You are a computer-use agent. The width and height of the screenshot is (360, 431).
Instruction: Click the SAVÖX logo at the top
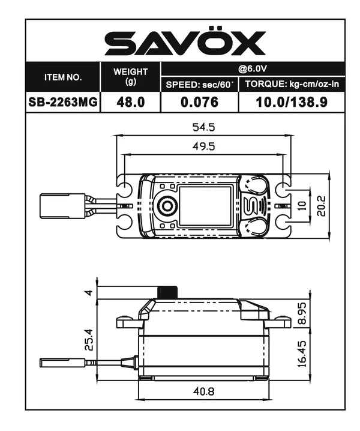[185, 43]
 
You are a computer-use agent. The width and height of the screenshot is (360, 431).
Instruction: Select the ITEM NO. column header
[62, 77]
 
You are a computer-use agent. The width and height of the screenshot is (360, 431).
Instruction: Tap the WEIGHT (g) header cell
[131, 76]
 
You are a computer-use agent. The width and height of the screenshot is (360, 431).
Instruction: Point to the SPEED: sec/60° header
[200, 85]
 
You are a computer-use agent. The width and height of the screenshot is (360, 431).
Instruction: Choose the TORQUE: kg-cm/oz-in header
[292, 85]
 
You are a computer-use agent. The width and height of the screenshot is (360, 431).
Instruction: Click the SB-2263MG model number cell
[62, 102]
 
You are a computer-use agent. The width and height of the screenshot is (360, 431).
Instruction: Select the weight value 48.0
[131, 102]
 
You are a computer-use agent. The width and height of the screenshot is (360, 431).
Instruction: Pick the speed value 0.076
[200, 102]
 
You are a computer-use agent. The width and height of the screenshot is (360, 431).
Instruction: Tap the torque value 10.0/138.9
[292, 102]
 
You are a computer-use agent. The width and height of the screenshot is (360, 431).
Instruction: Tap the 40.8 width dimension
[202, 391]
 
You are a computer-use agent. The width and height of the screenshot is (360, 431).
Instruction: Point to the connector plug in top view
[62, 206]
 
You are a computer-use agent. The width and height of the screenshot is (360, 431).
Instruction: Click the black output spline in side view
[167, 292]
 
